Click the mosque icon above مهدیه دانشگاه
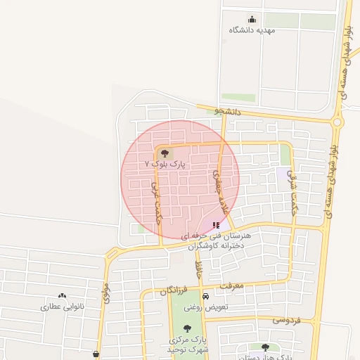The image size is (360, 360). point(252,20)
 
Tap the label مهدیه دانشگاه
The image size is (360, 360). point(252,31)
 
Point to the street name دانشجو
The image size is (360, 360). point(228,111)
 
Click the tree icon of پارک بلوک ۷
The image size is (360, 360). point(165,153)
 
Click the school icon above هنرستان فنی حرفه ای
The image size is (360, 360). point(215,225)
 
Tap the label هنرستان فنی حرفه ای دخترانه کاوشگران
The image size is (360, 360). point(221,240)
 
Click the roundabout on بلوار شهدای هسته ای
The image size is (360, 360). point(338,122)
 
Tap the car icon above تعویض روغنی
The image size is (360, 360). point(205,296)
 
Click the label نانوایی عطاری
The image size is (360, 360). point(63,307)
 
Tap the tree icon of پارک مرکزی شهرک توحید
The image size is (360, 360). point(186,328)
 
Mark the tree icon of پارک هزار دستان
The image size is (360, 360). point(265,347)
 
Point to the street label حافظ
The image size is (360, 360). point(199,268)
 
